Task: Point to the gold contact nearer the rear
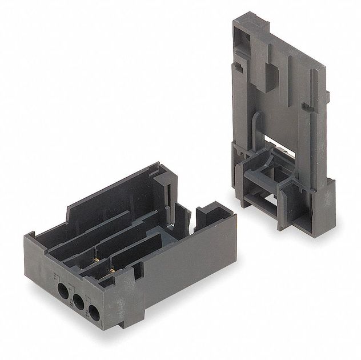click(96, 259)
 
